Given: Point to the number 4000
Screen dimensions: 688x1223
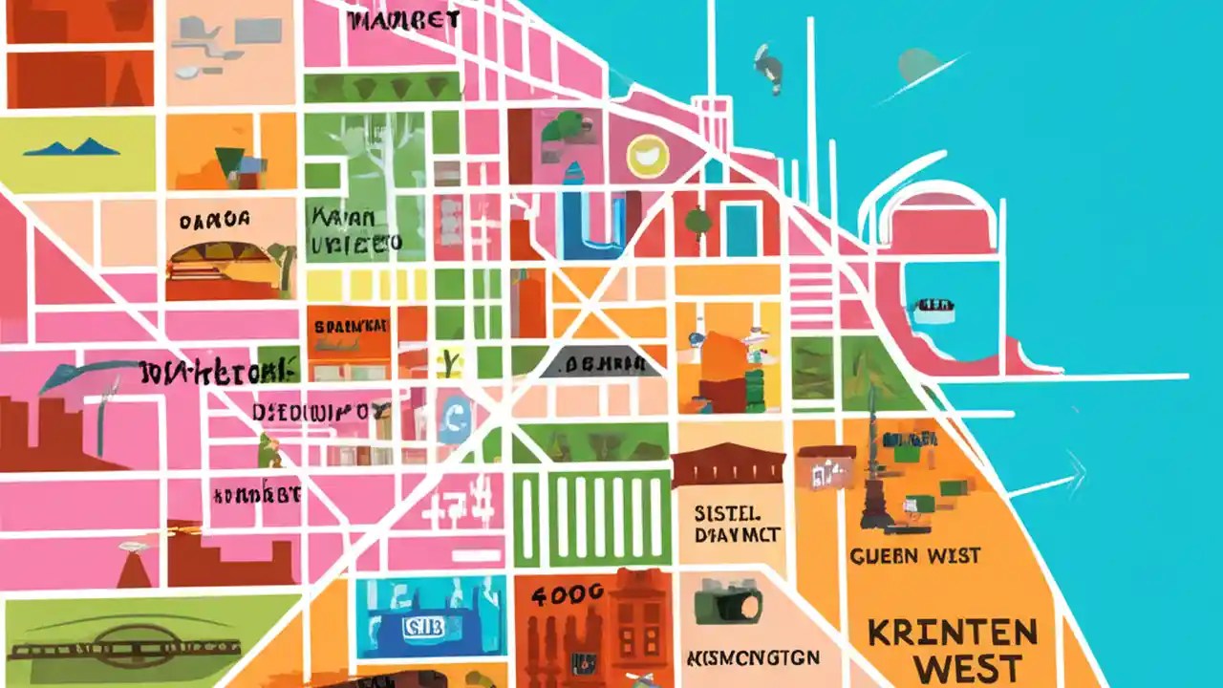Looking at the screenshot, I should (568, 593).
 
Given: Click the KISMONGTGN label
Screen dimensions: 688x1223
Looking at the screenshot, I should (752, 658).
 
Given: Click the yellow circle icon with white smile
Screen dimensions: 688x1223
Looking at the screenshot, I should (647, 156).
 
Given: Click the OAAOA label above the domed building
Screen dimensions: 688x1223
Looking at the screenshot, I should (214, 220).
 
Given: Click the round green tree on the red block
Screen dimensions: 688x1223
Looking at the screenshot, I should (697, 221).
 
